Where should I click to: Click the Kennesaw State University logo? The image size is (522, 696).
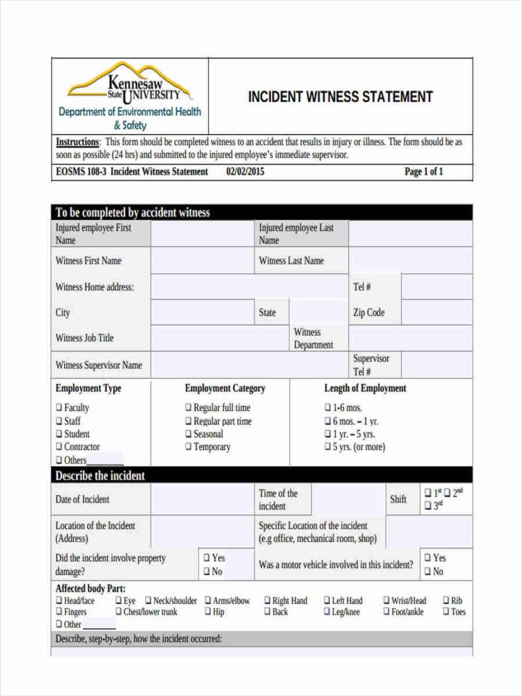(130, 95)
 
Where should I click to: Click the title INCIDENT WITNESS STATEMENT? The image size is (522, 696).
(340, 97)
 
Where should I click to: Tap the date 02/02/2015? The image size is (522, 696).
(245, 172)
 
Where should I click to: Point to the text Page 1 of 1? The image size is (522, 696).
(423, 172)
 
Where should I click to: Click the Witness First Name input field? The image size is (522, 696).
(202, 261)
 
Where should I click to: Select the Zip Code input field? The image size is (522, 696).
(437, 313)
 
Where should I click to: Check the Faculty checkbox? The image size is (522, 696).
(59, 408)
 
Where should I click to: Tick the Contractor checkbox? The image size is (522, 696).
(59, 447)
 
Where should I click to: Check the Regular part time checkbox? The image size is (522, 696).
(188, 421)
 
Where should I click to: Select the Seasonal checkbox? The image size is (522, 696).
(188, 434)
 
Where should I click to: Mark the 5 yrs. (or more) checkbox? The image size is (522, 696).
(328, 447)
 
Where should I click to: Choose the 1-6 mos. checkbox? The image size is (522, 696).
(328, 408)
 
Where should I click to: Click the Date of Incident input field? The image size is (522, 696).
(202, 499)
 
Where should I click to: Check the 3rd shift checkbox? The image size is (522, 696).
(427, 506)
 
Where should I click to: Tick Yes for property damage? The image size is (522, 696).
(207, 558)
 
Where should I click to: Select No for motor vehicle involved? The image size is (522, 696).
(428, 572)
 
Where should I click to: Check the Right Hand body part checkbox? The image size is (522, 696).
(268, 601)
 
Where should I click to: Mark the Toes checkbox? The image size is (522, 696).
(446, 612)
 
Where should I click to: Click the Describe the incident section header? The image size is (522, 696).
(100, 475)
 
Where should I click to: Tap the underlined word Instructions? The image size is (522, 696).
(78, 142)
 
